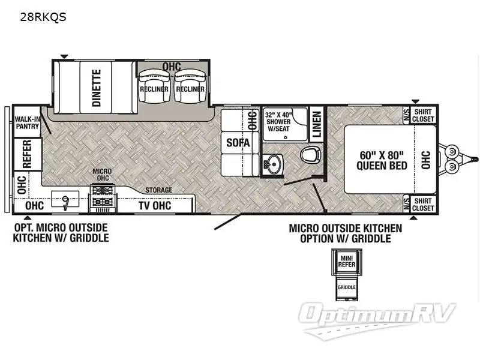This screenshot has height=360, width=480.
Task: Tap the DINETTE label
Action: click(x=97, y=88)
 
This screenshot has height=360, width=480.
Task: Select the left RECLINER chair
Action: click(x=153, y=88)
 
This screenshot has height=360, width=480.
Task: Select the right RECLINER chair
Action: click(x=190, y=88)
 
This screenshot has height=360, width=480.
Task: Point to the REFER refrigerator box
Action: click(x=27, y=154)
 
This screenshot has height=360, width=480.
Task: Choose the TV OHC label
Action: click(x=155, y=205)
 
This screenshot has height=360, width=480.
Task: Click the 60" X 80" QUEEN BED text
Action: click(x=383, y=160)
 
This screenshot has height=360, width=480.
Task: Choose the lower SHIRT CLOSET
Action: click(x=424, y=205)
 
